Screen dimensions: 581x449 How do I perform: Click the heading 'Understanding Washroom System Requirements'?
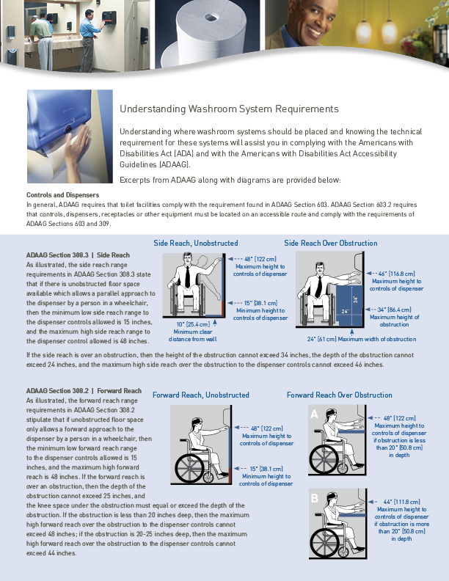(229, 109)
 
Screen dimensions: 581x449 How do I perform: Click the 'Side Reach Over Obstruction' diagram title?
(330, 243)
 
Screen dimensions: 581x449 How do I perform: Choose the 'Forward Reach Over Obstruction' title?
(339, 395)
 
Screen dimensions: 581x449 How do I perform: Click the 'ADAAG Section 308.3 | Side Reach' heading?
(78, 255)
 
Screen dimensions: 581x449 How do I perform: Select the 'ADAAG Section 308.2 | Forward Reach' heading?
(84, 390)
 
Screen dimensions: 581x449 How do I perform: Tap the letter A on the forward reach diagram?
(315, 414)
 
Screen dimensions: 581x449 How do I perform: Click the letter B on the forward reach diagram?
(315, 499)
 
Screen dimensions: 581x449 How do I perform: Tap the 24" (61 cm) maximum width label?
(361, 339)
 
